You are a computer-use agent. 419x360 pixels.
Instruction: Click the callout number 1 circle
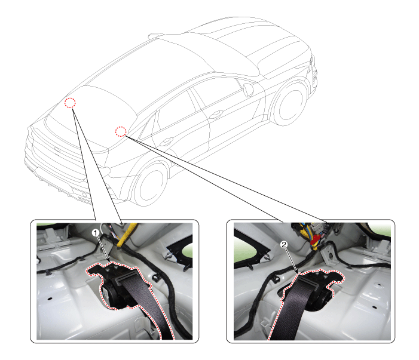[96, 233]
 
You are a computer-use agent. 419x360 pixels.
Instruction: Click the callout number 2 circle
[284, 244]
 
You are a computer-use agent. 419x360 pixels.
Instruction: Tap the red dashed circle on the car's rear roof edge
[70, 103]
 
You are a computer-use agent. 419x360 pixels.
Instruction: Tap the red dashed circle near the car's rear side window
[121, 131]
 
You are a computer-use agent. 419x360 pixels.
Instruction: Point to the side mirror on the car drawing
[248, 90]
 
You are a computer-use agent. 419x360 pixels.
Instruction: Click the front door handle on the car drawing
[216, 115]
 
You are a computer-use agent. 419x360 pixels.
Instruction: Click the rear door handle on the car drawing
[166, 141]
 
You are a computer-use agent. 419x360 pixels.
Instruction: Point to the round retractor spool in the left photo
[109, 293]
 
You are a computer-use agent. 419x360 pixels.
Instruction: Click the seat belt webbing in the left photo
[149, 307]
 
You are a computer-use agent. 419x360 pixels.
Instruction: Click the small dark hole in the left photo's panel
[50, 299]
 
